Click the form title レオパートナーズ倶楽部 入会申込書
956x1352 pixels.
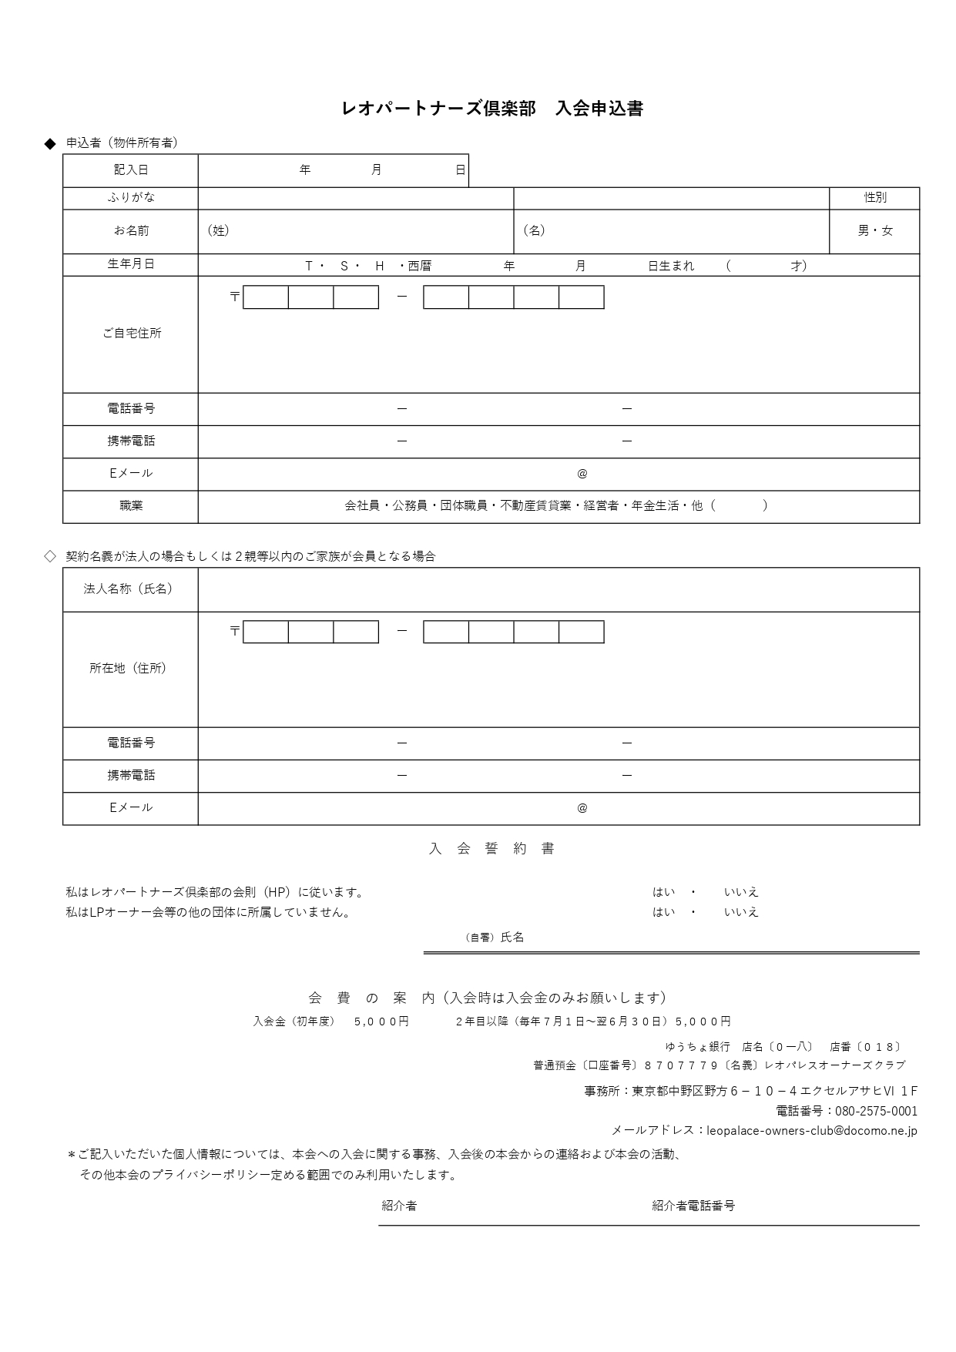[491, 109]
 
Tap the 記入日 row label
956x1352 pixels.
[131, 170]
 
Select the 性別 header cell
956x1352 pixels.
[874, 198]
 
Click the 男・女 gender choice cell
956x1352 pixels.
[874, 231]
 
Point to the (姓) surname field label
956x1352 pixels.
[218, 230]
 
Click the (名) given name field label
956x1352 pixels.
[534, 230]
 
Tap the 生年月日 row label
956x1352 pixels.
[131, 264]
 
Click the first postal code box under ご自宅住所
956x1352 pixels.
[266, 297]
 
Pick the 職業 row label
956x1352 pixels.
[131, 506]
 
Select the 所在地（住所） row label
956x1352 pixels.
[129, 669]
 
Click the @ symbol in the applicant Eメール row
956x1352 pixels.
[582, 474]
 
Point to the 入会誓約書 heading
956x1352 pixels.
[491, 849]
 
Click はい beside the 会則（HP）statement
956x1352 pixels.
[663, 892]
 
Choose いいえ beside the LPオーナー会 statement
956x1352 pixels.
[741, 912]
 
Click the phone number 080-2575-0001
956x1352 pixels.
[876, 1112]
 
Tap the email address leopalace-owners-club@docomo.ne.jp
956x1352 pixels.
[811, 1131]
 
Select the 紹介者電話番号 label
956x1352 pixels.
[693, 1206]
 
